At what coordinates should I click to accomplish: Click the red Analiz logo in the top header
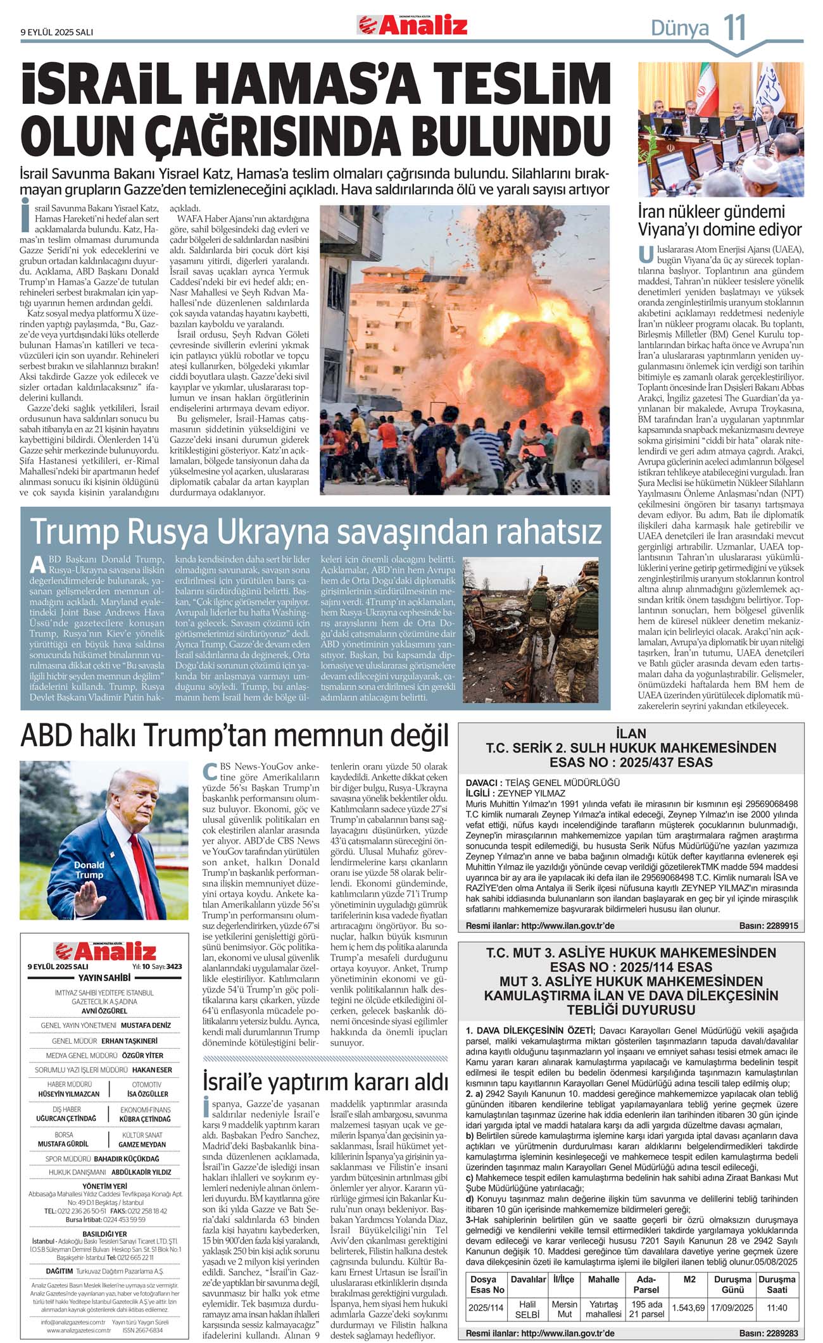[x=412, y=25]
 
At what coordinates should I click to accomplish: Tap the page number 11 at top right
[x=735, y=28]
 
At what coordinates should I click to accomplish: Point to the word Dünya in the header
[x=680, y=28]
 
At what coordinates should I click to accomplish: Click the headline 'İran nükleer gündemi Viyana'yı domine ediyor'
[x=719, y=220]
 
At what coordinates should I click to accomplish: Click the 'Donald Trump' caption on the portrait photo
[x=89, y=870]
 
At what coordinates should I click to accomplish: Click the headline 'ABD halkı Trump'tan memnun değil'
[x=234, y=736]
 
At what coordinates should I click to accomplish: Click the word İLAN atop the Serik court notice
[x=631, y=734]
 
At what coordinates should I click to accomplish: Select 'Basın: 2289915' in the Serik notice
[x=768, y=925]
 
